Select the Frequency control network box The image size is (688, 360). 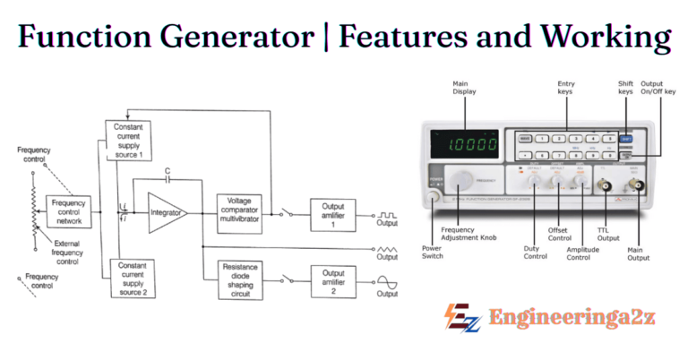click(68, 211)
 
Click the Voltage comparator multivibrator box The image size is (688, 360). click(238, 211)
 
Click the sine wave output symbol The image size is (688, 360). click(388, 282)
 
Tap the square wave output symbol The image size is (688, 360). click(388, 215)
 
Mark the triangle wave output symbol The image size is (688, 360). click(388, 247)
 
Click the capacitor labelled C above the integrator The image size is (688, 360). click(167, 179)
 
